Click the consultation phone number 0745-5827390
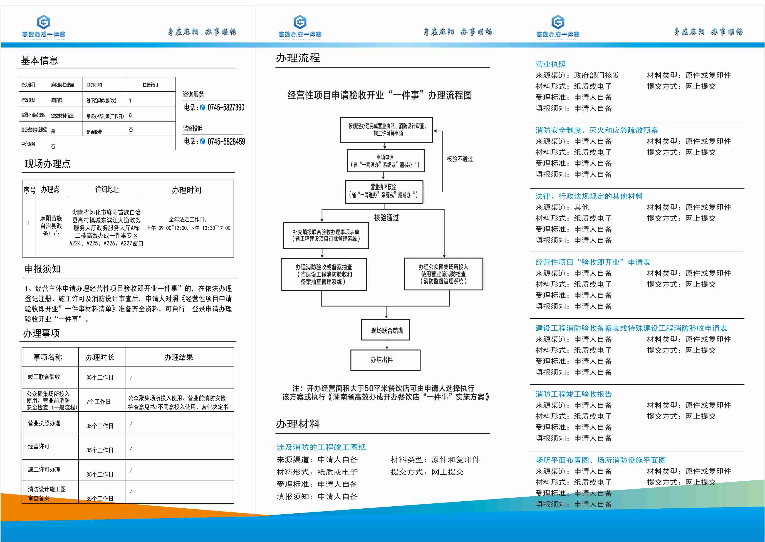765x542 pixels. click(226, 107)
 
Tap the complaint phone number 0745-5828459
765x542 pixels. click(226, 141)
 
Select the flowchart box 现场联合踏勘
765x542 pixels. click(386, 330)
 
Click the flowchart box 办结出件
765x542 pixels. click(385, 360)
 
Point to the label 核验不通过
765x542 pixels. click(460, 159)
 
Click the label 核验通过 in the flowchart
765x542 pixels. click(386, 218)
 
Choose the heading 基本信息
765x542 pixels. click(39, 60)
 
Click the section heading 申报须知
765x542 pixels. click(43, 269)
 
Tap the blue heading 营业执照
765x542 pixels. click(550, 64)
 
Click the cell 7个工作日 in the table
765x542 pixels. click(99, 401)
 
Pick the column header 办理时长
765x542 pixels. click(100, 357)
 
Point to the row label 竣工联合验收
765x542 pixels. click(44, 377)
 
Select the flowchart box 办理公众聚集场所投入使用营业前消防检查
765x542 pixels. click(443, 274)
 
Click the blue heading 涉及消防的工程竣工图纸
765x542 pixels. click(321, 447)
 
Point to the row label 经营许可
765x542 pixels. click(39, 446)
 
